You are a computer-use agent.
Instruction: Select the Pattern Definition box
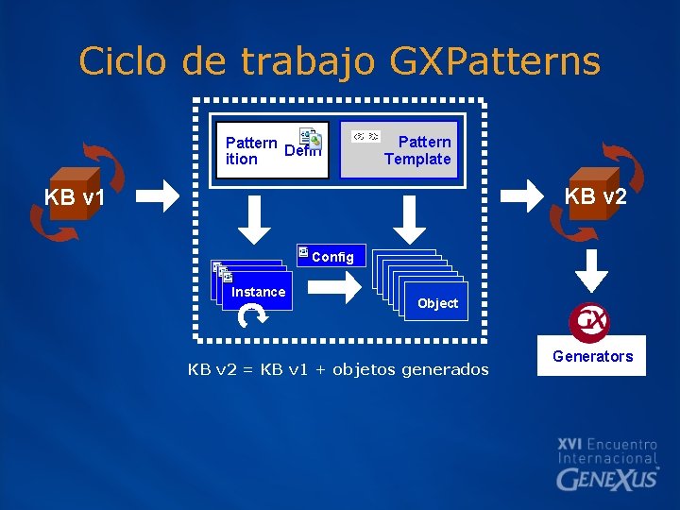[272, 150]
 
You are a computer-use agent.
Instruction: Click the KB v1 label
[75, 198]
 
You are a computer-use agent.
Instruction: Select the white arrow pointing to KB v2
[520, 195]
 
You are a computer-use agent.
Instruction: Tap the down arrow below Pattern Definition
[253, 219]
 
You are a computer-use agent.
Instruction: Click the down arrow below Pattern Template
[409, 219]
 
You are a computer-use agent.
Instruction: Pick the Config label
[331, 257]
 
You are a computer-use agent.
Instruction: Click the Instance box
[258, 292]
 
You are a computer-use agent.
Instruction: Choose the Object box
[437, 303]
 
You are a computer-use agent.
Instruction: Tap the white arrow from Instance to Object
[344, 281]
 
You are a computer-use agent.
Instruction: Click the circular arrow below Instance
[252, 318]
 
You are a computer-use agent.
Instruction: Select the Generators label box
[592, 356]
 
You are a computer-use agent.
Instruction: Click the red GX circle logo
[589, 321]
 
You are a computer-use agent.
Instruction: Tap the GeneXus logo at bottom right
[607, 478]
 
